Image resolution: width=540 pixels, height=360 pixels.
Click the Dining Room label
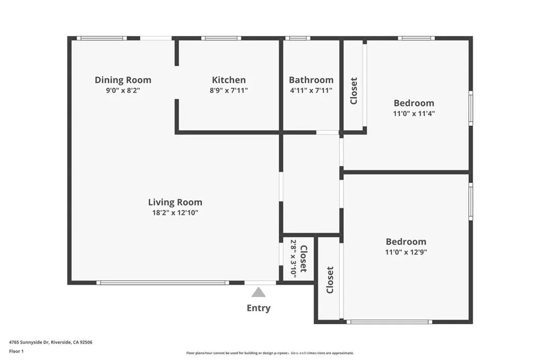123,80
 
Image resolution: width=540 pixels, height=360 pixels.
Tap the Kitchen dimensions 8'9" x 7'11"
228,90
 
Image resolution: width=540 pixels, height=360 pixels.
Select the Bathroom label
311,80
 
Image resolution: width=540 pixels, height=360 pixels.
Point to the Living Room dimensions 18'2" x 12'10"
175,213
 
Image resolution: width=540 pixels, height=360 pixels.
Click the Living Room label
175,202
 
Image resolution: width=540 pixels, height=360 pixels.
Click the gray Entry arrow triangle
258,293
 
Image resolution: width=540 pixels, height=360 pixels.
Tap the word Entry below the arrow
258,308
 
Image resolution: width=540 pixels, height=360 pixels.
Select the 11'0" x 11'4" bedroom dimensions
414,113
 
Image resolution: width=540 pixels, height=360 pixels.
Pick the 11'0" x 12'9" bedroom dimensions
406,252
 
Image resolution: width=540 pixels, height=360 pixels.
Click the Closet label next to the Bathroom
354,91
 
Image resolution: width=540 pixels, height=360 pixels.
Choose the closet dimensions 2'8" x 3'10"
293,258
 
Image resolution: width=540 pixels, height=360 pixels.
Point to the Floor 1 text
16,351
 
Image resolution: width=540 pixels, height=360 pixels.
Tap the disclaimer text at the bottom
269,353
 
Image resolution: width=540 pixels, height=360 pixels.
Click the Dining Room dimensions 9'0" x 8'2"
123,90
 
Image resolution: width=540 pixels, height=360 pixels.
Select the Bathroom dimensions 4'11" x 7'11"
311,90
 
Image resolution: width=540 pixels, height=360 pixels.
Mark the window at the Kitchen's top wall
221,38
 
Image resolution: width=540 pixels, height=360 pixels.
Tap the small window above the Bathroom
297,38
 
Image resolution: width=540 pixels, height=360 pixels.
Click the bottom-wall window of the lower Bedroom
389,322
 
